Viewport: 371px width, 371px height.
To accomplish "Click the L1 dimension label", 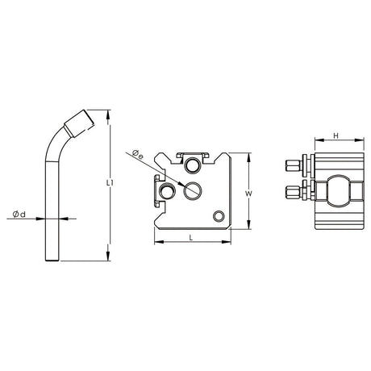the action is [110, 183].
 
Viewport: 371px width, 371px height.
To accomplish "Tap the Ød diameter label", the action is [19, 215].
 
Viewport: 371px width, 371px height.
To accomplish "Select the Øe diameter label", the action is [137, 155].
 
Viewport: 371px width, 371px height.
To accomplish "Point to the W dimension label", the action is [248, 194].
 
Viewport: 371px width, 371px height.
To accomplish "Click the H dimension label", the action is [336, 135].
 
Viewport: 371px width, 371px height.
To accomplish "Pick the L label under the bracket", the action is [191, 237].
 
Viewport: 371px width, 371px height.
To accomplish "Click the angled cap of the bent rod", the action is [79, 123].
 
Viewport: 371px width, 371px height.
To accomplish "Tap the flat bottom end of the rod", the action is [52, 261].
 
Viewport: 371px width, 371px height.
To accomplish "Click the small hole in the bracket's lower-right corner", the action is [219, 216].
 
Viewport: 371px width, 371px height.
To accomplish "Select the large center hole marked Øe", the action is [193, 190].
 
